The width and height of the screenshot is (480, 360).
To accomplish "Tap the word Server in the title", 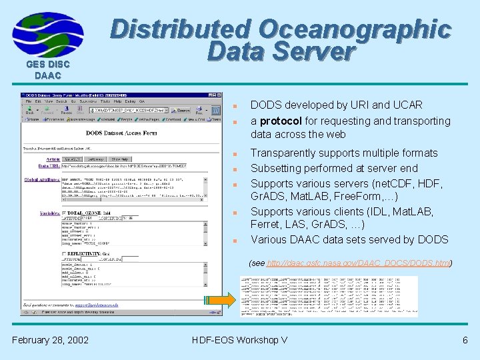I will pyautogui.click(x=315, y=53).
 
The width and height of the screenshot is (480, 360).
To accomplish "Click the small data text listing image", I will pyautogui.click(x=329, y=295).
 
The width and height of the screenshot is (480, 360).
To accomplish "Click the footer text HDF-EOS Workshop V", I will pyautogui.click(x=239, y=341).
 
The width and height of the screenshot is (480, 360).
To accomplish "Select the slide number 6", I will pyautogui.click(x=465, y=341).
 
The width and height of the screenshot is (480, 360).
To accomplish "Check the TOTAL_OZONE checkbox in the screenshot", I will pyautogui.click(x=63, y=212).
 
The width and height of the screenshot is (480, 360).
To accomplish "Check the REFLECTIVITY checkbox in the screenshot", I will pyautogui.click(x=63, y=253).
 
